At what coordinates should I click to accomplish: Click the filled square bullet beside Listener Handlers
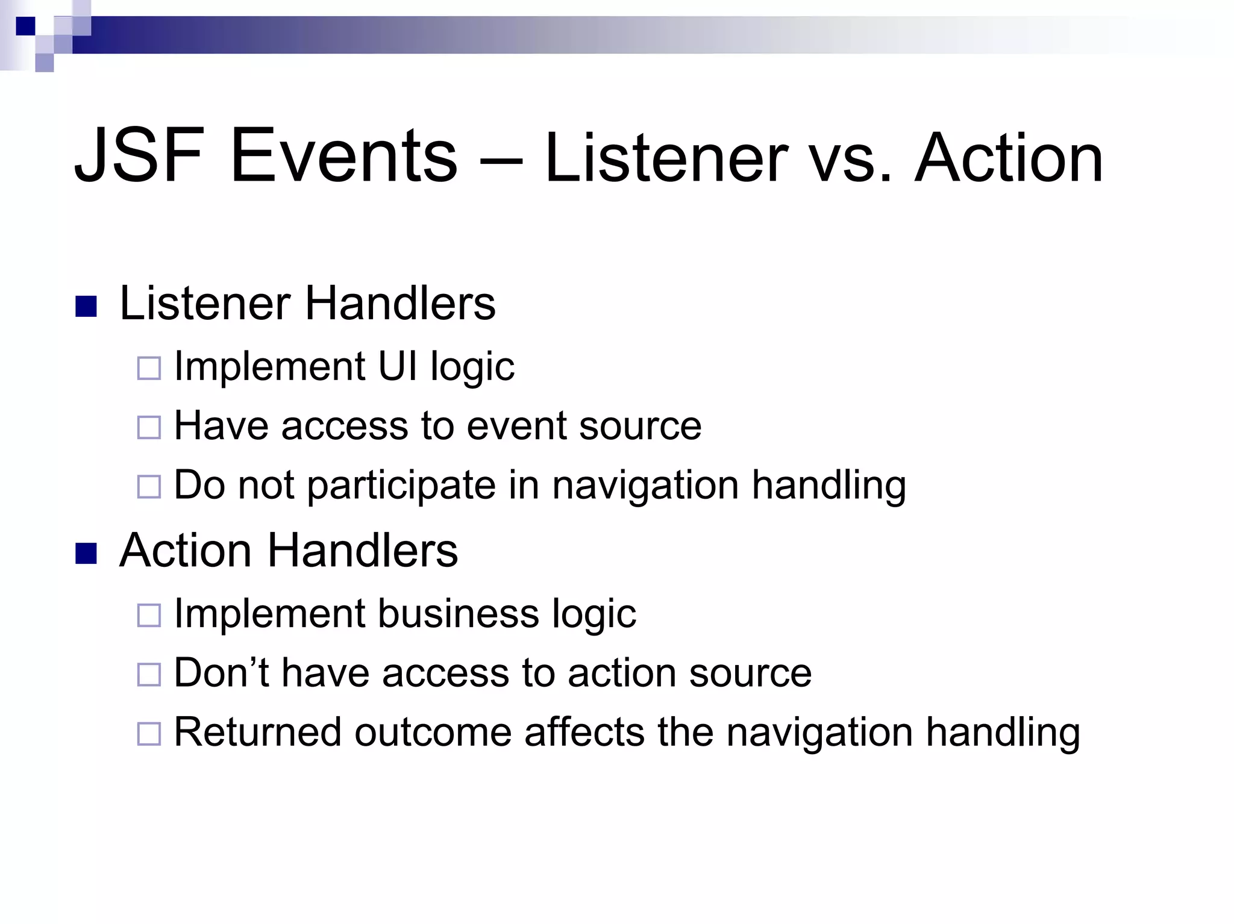pos(86,307)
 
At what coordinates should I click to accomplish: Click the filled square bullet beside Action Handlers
pos(86,554)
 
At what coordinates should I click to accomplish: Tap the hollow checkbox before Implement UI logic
pos(149,368)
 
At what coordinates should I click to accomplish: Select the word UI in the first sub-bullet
pos(397,366)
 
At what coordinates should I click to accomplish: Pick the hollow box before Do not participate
pos(149,487)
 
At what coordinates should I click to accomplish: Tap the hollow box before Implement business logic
pos(149,616)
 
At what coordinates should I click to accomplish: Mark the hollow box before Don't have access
pos(149,675)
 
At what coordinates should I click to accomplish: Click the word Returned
pos(257,732)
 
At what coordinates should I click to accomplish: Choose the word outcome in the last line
pos(432,733)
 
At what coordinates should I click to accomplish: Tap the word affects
pos(584,732)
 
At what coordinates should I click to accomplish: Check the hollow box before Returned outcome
pos(149,734)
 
